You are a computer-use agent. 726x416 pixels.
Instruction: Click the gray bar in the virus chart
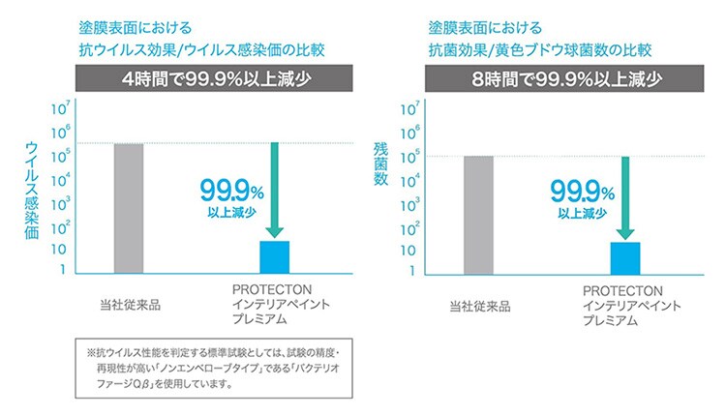tap(129, 208)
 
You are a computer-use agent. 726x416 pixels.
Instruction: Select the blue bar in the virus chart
tap(275, 256)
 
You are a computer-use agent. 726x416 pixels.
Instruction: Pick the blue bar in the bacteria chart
tap(625, 257)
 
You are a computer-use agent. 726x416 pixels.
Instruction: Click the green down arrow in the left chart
tap(274, 189)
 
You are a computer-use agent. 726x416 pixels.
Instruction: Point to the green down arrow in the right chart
tap(625, 193)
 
